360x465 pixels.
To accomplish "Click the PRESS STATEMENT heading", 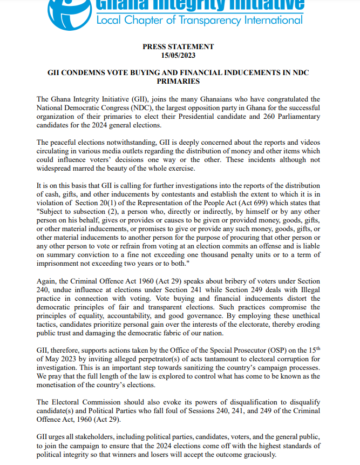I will coord(178,47).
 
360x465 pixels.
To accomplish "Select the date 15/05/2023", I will coord(178,56).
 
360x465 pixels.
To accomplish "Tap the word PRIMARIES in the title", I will coord(178,82).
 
